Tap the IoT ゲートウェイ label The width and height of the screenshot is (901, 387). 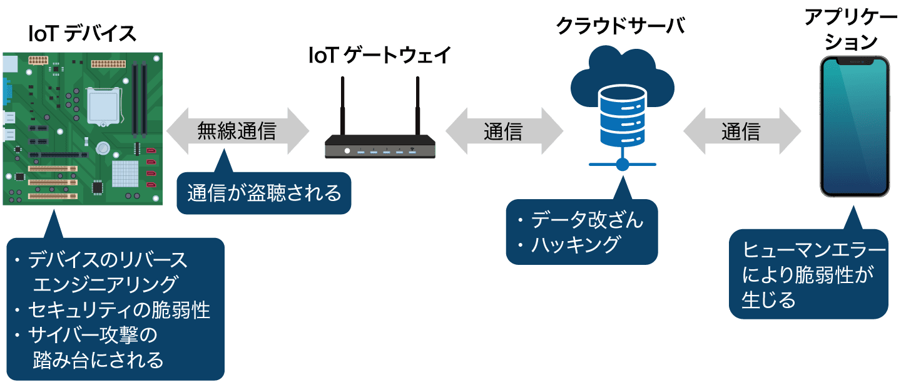380,56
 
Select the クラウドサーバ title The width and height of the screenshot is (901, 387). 620,26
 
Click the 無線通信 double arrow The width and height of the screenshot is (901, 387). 237,131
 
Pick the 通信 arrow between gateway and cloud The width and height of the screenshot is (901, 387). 504,131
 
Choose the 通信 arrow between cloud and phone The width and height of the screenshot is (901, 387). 741,131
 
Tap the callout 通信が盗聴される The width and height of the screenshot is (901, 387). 264,194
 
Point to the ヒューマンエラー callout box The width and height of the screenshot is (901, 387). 808,276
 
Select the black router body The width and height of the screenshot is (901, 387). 380,147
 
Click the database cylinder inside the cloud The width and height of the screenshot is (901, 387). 622,116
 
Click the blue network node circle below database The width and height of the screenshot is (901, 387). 622,164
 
